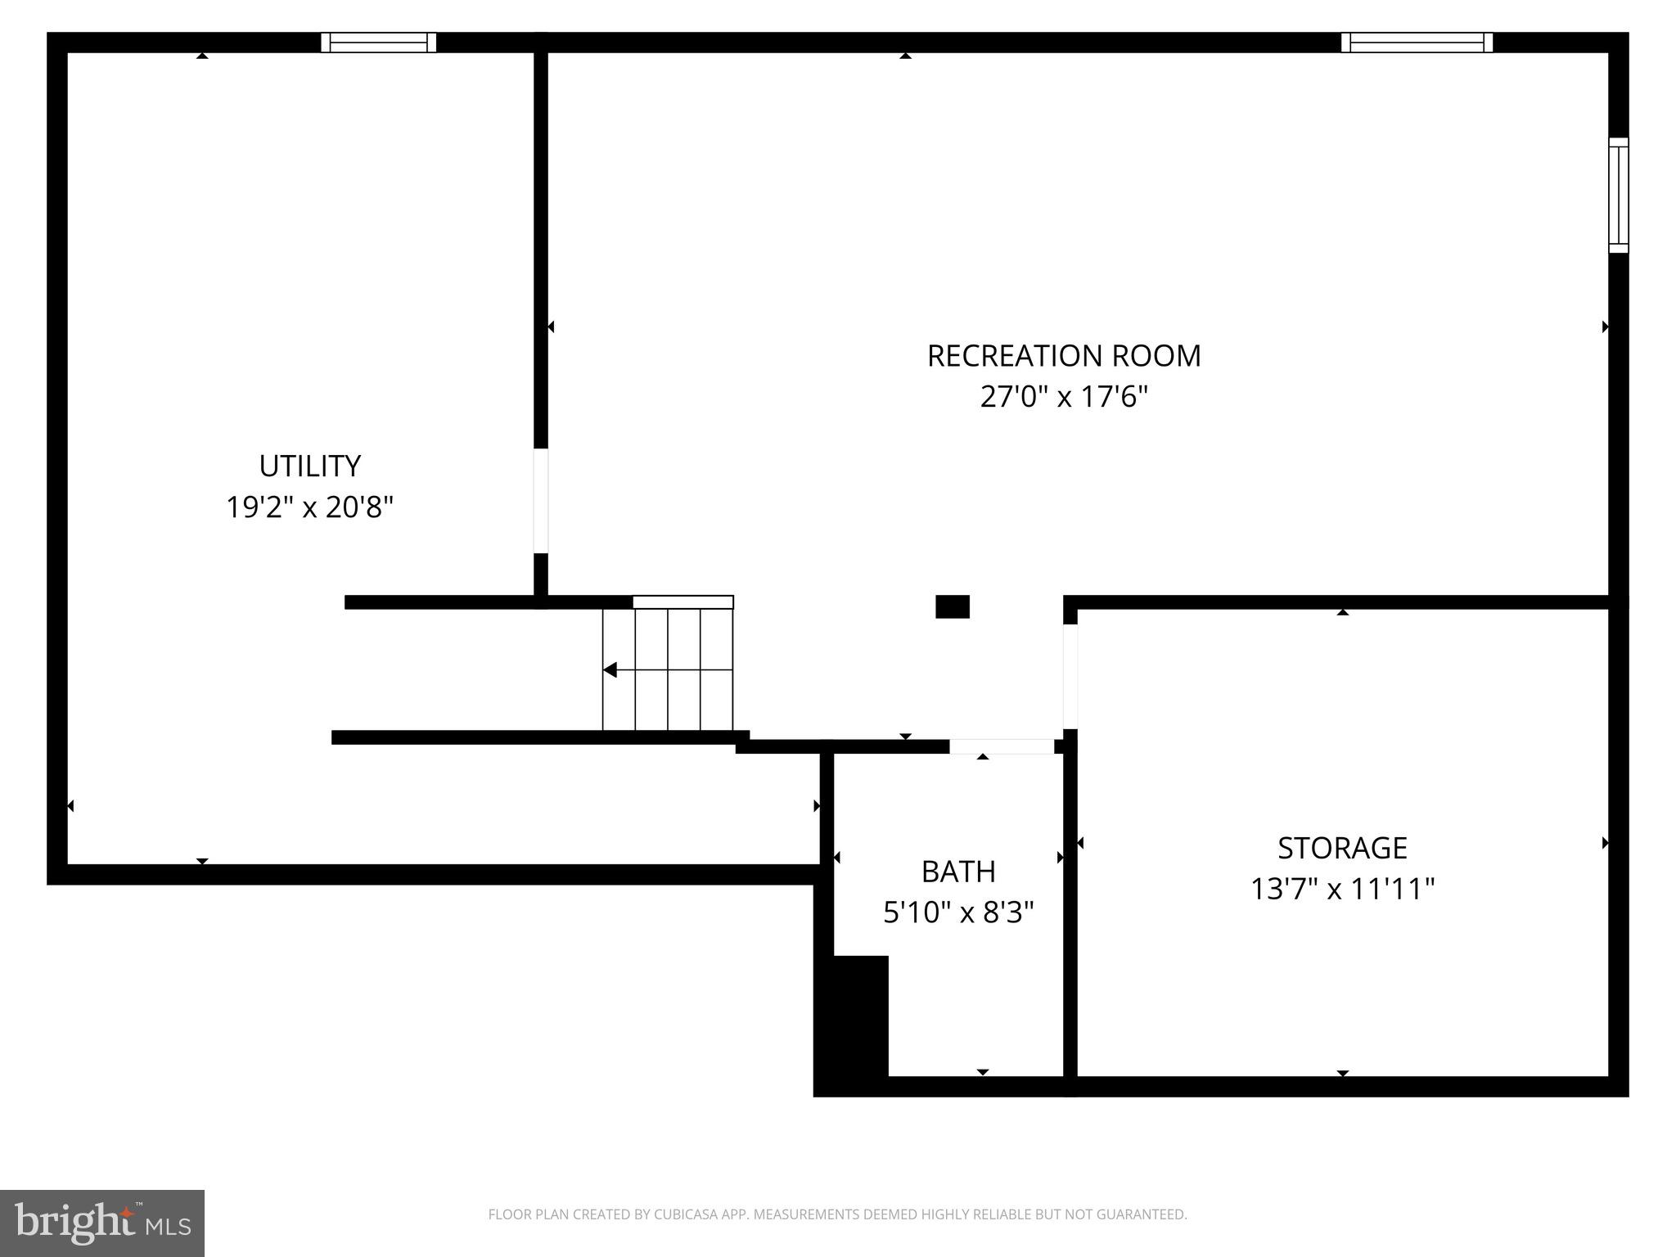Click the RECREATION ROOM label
click(x=1063, y=356)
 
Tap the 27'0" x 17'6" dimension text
click(x=1063, y=398)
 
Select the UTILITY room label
click(x=309, y=466)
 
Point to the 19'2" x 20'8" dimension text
click(x=309, y=508)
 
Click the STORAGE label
click(x=1342, y=848)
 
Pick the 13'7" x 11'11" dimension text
click(x=1342, y=890)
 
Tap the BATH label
click(x=958, y=872)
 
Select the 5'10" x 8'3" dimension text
click(x=958, y=912)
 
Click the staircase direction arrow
click(x=610, y=670)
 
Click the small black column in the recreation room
click(x=953, y=606)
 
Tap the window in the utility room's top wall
click(x=378, y=43)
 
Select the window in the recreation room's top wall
click(x=1417, y=43)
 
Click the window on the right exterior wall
click(x=1618, y=196)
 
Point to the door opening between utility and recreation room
click(x=540, y=501)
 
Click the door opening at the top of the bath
click(x=1002, y=746)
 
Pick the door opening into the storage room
click(x=1070, y=676)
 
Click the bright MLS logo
click(x=101, y=1223)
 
